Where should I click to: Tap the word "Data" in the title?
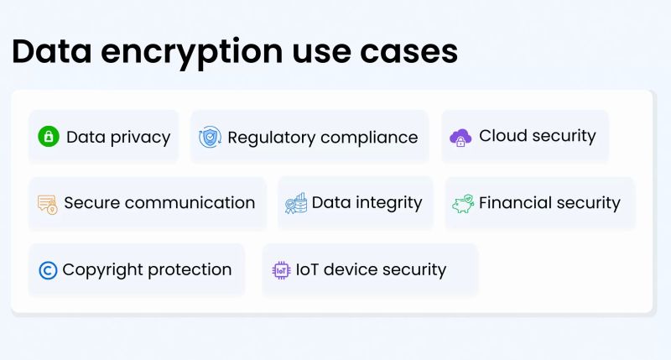point(52,52)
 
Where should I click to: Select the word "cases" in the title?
point(410,52)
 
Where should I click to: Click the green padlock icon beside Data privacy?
point(49,137)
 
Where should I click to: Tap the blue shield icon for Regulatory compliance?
point(210,137)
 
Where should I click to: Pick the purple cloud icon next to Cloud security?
point(460,138)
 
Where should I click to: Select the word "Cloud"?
point(501,136)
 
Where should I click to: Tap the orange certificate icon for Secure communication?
point(47,204)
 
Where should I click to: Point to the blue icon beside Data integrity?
point(295,204)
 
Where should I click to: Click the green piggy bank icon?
point(462,204)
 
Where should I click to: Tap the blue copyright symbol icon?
point(48,270)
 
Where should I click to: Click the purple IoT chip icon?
point(281,270)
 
